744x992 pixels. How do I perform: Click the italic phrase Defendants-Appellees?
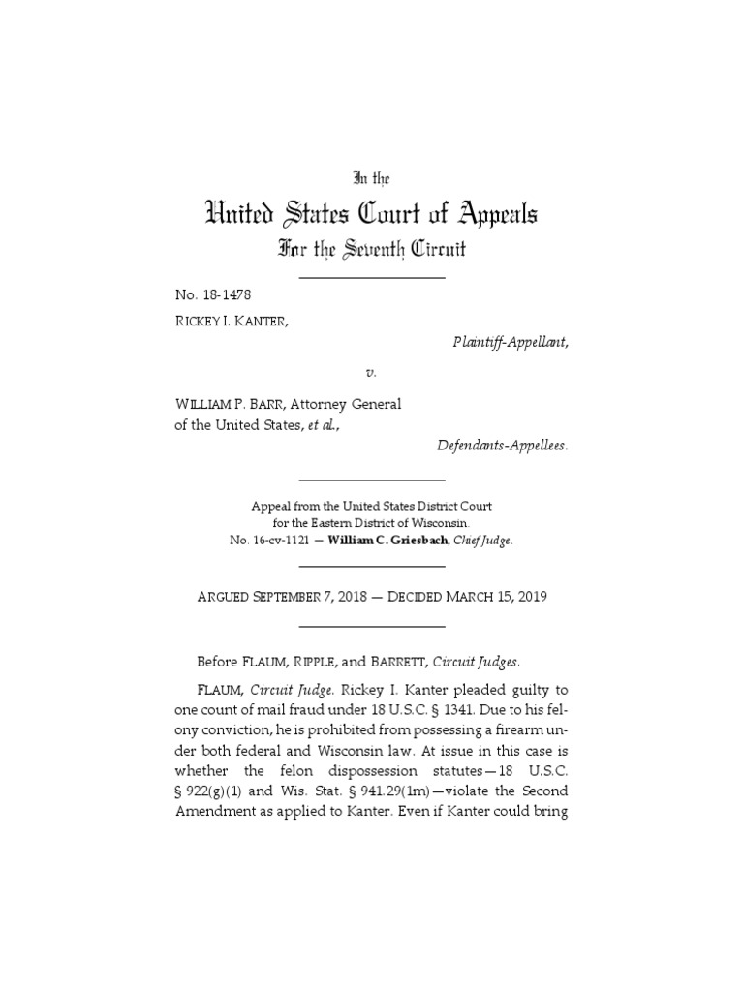click(x=496, y=445)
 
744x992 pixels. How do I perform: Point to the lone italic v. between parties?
click(x=372, y=372)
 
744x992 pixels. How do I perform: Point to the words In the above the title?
click(x=372, y=178)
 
